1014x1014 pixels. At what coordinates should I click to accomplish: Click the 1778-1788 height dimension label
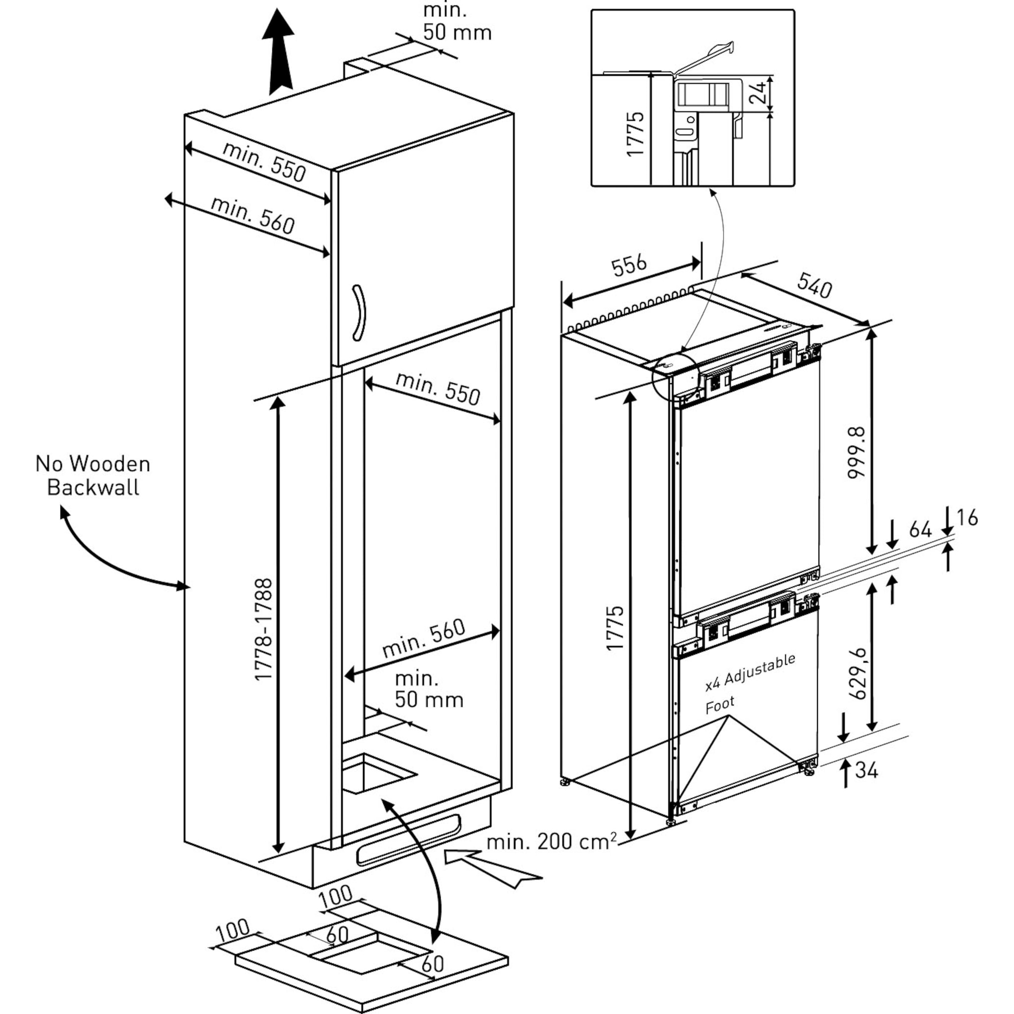point(263,629)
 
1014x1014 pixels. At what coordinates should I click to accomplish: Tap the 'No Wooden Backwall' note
point(93,475)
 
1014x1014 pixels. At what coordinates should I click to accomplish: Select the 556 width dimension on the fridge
point(629,265)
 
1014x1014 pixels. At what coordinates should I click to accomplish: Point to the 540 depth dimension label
point(814,286)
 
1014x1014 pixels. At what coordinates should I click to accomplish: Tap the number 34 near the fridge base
point(866,770)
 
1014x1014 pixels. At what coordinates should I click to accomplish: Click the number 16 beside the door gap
point(967,518)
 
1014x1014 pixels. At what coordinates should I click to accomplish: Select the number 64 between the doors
point(920,530)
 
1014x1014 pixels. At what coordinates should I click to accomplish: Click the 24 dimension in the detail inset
point(757,94)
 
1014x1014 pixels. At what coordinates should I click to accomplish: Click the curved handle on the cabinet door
point(359,313)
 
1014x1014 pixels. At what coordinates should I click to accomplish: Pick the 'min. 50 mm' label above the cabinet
point(456,22)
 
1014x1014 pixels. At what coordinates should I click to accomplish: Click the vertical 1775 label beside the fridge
point(614,628)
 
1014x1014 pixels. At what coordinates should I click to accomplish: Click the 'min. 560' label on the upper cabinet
point(253,215)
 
